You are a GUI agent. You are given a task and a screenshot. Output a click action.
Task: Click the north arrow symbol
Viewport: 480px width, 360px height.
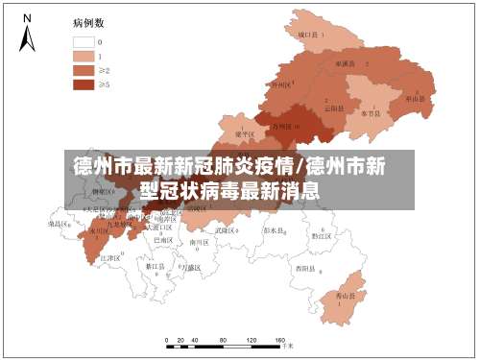click(x=28, y=34)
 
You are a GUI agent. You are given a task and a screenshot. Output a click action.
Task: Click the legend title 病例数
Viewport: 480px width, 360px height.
click(x=89, y=20)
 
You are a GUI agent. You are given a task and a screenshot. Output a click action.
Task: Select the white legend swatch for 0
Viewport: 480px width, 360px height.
click(x=84, y=41)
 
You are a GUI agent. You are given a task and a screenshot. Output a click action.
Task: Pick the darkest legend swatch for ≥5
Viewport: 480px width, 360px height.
click(x=84, y=84)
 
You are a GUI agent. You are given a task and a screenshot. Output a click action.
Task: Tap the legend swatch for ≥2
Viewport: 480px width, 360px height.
click(x=84, y=70)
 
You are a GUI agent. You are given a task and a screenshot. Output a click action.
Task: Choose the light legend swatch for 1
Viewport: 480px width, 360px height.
click(x=84, y=56)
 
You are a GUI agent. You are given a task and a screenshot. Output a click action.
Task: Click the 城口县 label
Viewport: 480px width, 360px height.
click(x=309, y=35)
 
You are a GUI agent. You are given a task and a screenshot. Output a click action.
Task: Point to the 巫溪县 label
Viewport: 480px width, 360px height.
click(x=345, y=62)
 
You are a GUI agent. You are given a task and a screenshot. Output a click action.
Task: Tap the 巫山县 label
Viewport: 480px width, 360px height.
click(x=415, y=98)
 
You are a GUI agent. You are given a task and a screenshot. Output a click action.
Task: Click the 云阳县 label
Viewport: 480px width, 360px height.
click(x=333, y=107)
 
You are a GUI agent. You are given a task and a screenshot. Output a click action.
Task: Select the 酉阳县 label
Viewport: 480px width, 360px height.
click(x=303, y=267)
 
